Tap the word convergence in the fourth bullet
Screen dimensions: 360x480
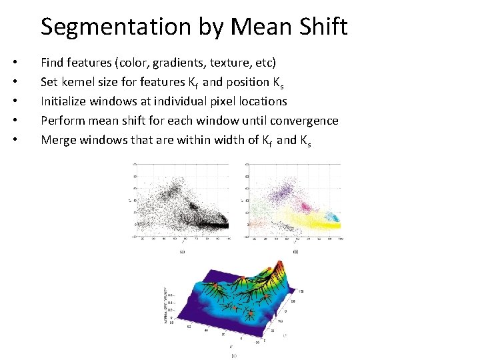click(304, 121)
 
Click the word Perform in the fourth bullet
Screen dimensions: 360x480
click(63, 121)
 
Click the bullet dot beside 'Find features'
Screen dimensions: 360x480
click(15, 63)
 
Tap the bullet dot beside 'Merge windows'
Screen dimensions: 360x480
click(15, 141)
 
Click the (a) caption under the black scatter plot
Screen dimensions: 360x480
click(182, 252)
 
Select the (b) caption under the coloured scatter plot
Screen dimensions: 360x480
click(295, 252)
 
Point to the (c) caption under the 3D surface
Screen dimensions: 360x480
click(233, 356)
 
